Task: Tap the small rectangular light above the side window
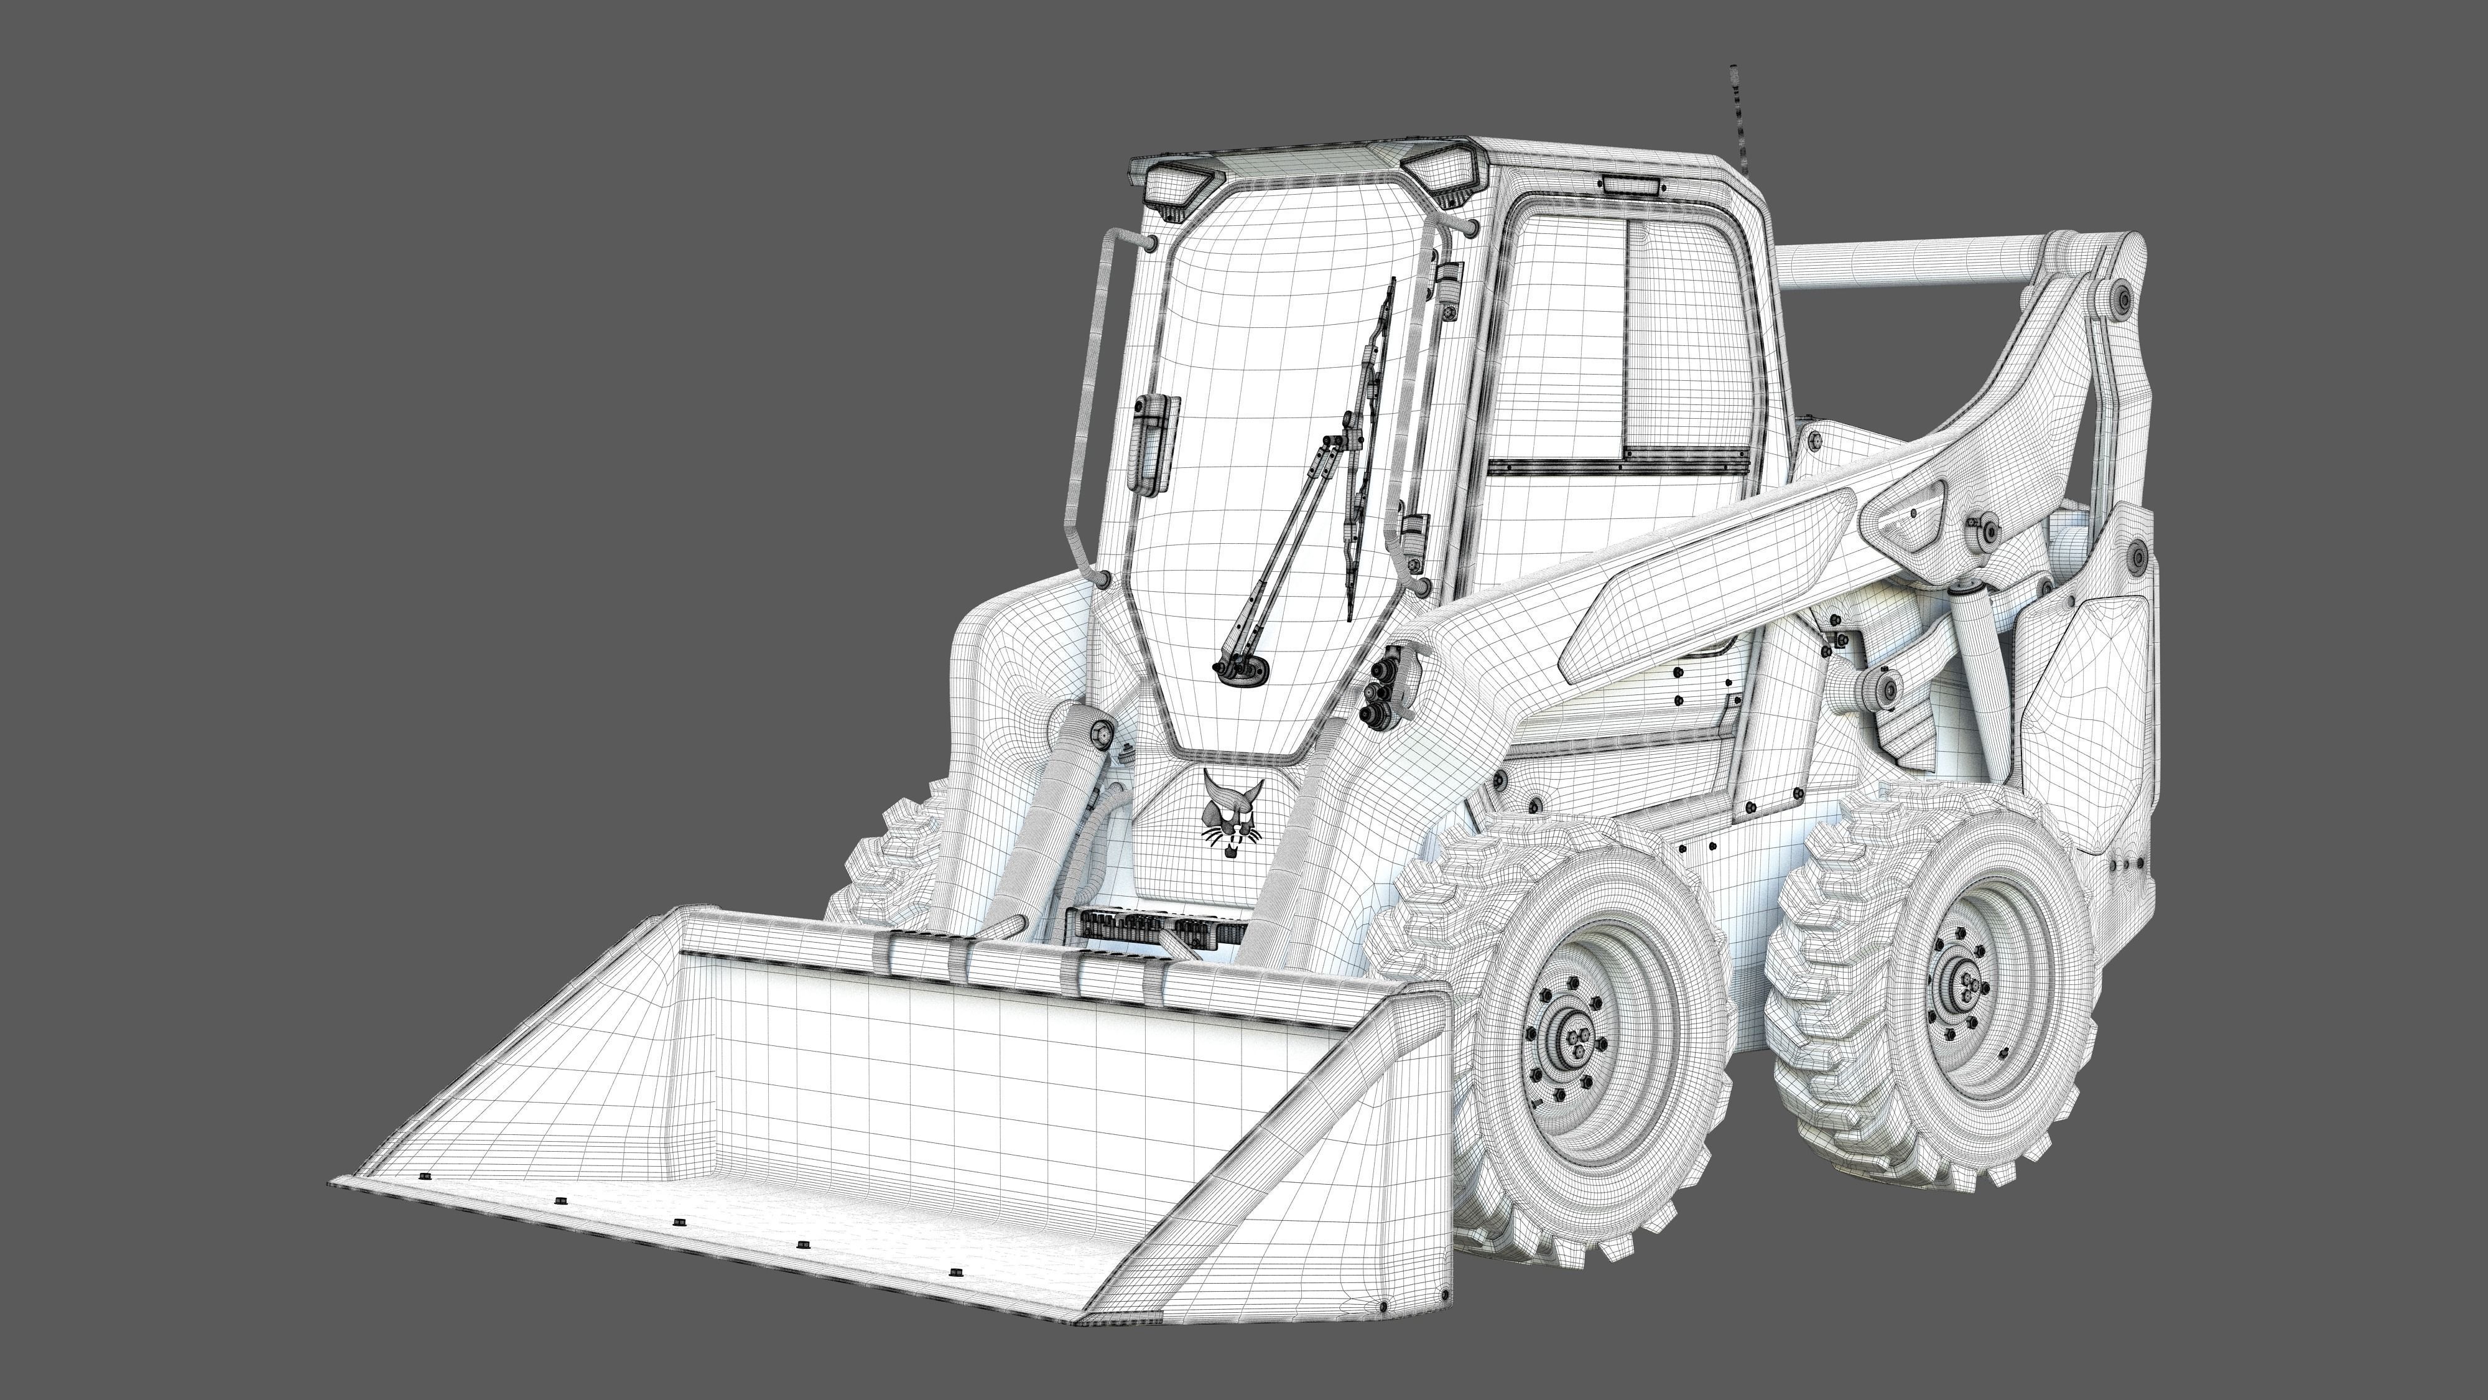point(1632,185)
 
